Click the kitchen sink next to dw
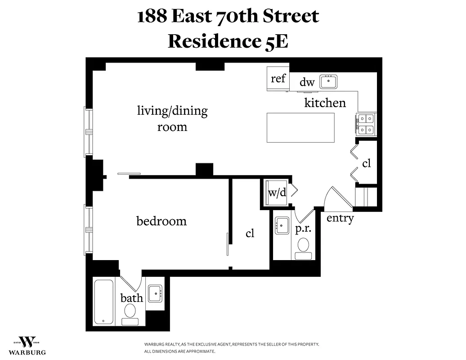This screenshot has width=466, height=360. point(328,82)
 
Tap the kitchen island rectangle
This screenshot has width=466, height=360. point(301,127)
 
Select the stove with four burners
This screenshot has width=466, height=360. point(366,124)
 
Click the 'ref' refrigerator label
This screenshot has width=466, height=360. point(278,79)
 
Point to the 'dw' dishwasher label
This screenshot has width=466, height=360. point(307,82)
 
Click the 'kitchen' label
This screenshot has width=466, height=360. point(325,103)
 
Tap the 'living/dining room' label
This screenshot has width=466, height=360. point(172,118)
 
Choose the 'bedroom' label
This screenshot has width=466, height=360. point(161,221)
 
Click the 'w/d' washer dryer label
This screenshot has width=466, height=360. point(277,193)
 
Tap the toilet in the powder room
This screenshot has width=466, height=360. point(303,246)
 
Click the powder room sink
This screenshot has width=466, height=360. point(282,225)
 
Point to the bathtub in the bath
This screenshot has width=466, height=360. point(104,302)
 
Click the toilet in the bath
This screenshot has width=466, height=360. point(130,312)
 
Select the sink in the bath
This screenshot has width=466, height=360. point(156,293)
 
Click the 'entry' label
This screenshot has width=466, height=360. point(340,219)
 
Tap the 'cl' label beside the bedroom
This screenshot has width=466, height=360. point(250,234)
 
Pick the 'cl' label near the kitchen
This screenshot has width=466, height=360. point(367,163)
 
